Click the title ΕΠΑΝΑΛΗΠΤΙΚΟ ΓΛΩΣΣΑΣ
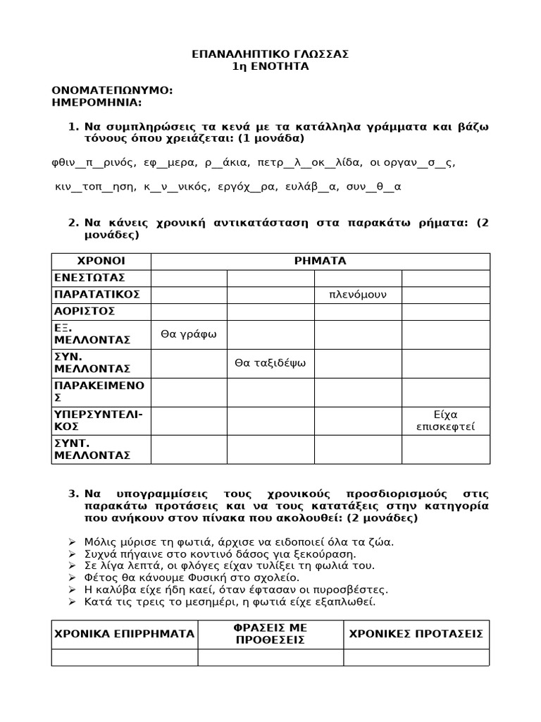coord(270,54)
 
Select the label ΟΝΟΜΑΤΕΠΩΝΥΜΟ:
coord(112,90)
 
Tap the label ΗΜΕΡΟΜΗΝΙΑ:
coord(97,103)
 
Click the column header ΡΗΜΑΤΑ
coord(320,261)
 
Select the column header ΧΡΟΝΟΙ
coord(101,261)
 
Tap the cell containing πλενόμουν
coord(358,294)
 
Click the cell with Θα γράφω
coord(189,334)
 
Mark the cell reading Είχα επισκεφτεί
coord(445,420)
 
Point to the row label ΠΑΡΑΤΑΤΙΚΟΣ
coord(97,294)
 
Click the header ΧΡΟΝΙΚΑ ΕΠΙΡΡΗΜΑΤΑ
coord(124,634)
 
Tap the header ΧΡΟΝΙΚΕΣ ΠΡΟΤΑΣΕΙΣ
coord(416,634)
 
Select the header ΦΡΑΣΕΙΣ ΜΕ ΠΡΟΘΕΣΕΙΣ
coord(270,634)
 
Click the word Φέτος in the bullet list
coord(99,577)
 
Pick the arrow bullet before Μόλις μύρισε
coord(72,541)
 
